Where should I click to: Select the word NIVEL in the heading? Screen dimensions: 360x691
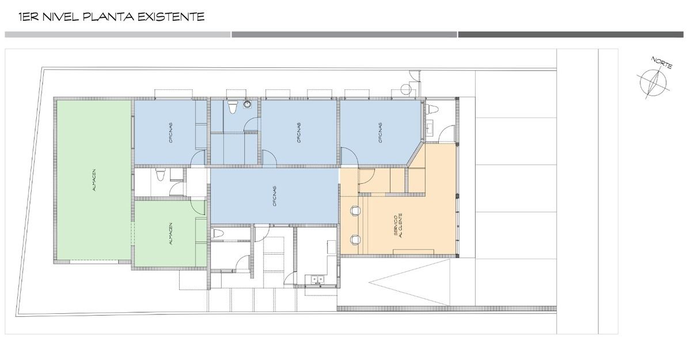click(59, 17)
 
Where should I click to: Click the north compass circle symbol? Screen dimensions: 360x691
click(651, 82)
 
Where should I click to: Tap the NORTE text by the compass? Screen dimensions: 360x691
click(662, 63)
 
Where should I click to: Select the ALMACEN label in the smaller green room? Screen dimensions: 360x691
click(170, 234)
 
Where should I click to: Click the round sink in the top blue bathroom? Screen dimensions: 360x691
click(247, 105)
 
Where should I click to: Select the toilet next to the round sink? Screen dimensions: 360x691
click(232, 107)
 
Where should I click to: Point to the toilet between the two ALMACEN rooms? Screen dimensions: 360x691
click(161, 175)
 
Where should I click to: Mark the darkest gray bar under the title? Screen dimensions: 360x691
click(571, 35)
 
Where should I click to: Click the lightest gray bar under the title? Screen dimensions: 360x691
click(117, 35)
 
